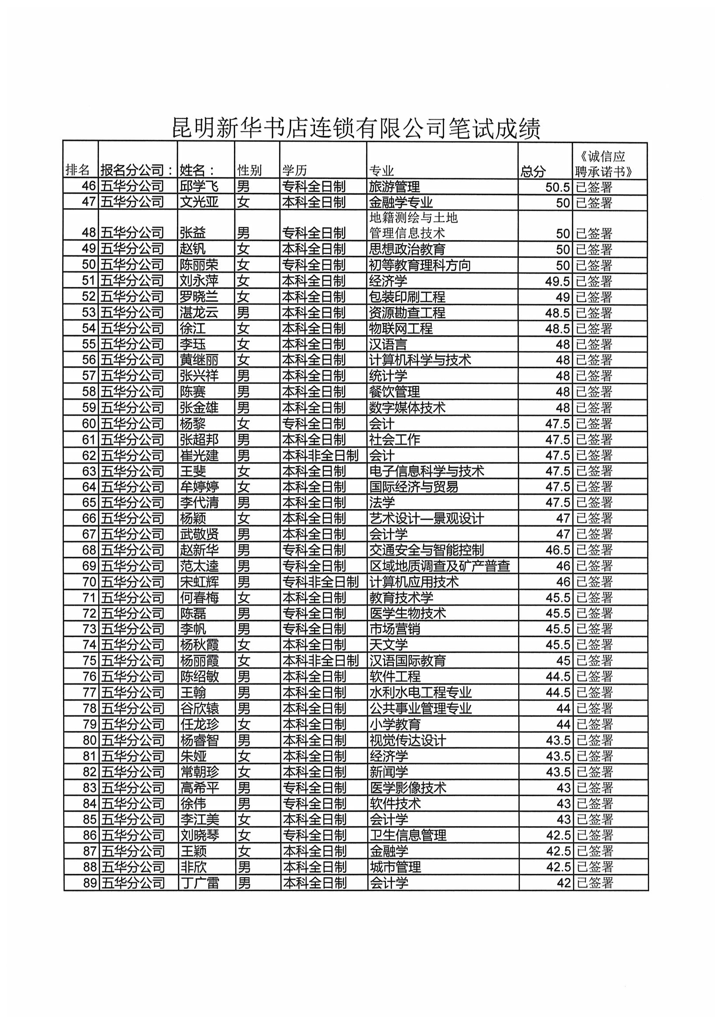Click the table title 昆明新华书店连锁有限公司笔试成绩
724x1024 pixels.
pyautogui.click(x=356, y=128)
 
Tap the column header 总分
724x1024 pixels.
pyautogui.click(x=533, y=171)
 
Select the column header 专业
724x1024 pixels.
pyautogui.click(x=381, y=171)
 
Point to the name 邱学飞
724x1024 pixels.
pyautogui.click(x=198, y=187)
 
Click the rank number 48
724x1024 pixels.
pyautogui.click(x=89, y=233)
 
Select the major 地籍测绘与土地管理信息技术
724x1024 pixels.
pyautogui.click(x=413, y=225)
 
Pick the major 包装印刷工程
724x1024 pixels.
pyautogui.click(x=407, y=297)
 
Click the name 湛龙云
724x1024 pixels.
pyautogui.click(x=198, y=313)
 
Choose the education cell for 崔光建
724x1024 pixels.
pyautogui.click(x=320, y=456)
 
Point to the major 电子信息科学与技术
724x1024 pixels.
pyautogui.click(x=427, y=471)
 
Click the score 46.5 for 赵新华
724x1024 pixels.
pyautogui.click(x=558, y=550)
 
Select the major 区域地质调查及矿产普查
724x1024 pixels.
pyautogui.click(x=439, y=566)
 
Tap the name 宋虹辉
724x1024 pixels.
pyautogui.click(x=199, y=582)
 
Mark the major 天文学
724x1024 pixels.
pyautogui.click(x=388, y=644)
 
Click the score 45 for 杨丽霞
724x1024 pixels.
pyautogui.click(x=563, y=660)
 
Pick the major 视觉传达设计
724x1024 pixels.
pyautogui.click(x=407, y=740)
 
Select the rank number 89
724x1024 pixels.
pyautogui.click(x=90, y=883)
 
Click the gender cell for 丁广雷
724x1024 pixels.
pyautogui.click(x=244, y=883)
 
